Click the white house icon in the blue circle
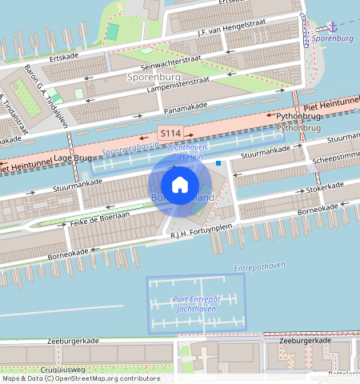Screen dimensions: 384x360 click(180, 185)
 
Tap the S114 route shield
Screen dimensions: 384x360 click(170, 133)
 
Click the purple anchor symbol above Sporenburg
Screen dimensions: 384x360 click(334, 26)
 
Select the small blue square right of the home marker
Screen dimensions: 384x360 click(218, 163)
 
